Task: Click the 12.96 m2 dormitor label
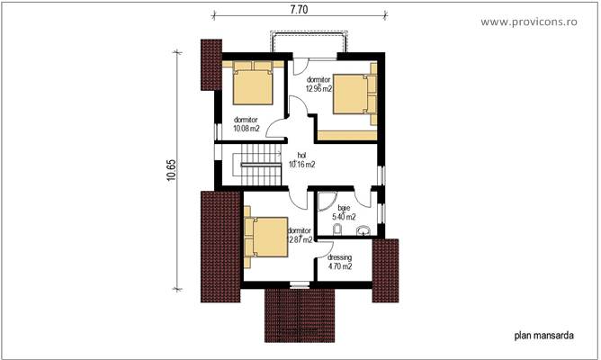[319, 85]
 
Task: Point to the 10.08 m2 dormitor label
[246, 124]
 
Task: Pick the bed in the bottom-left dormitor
[265, 238]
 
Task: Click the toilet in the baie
[335, 233]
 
